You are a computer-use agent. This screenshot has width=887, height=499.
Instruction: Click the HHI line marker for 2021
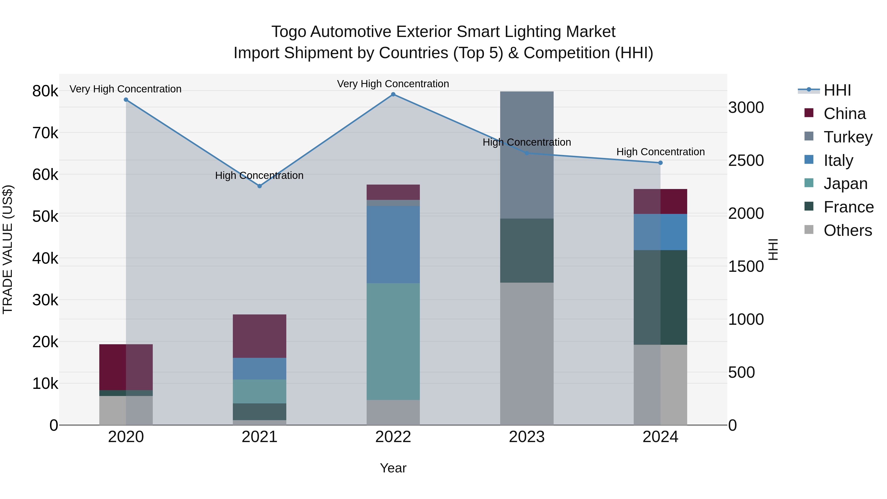point(260,186)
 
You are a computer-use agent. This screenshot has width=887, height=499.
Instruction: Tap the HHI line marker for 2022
point(393,94)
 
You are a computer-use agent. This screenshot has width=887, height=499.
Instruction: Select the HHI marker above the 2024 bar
point(660,163)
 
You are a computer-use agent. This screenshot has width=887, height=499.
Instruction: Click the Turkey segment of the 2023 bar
point(527,155)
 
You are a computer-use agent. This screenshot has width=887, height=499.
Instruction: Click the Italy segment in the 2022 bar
point(393,244)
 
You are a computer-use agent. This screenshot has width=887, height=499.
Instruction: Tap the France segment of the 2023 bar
point(527,250)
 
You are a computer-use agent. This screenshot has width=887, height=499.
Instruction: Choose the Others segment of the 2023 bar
point(527,354)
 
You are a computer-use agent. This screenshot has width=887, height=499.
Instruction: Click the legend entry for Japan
point(845,184)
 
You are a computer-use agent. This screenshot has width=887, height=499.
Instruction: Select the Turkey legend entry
point(848,137)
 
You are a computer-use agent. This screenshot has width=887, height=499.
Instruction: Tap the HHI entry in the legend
point(837,90)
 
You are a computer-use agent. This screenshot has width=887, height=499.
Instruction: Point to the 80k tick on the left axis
point(45,91)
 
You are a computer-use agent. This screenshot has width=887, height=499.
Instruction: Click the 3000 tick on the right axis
point(746,107)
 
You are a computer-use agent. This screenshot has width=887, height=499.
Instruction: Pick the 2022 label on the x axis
point(393,437)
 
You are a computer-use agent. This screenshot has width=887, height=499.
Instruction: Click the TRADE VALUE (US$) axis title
point(8,249)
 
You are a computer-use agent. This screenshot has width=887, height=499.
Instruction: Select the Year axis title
point(393,468)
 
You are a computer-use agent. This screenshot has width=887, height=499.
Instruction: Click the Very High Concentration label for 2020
point(125,89)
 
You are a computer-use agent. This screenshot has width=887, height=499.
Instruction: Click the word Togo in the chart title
point(289,32)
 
